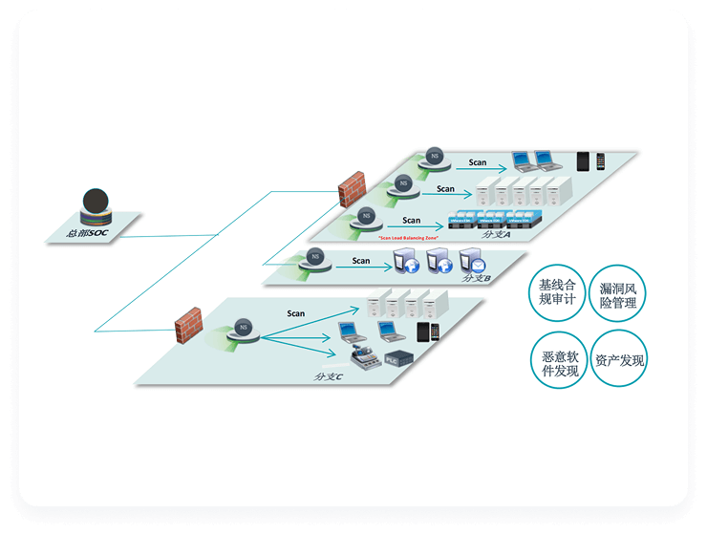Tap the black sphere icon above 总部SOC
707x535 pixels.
click(x=94, y=203)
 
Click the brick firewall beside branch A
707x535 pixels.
click(x=353, y=187)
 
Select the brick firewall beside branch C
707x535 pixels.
click(x=188, y=322)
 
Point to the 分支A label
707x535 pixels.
click(x=497, y=233)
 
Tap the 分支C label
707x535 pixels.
click(x=329, y=375)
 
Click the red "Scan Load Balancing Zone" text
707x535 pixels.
click(x=395, y=237)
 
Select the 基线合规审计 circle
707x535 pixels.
click(x=558, y=292)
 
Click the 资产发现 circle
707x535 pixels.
click(x=619, y=359)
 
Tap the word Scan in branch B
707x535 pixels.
click(x=360, y=260)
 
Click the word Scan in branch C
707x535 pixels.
click(x=296, y=312)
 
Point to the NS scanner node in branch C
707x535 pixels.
click(x=244, y=327)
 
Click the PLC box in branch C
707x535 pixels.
click(x=396, y=359)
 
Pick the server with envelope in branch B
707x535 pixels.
click(x=471, y=261)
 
